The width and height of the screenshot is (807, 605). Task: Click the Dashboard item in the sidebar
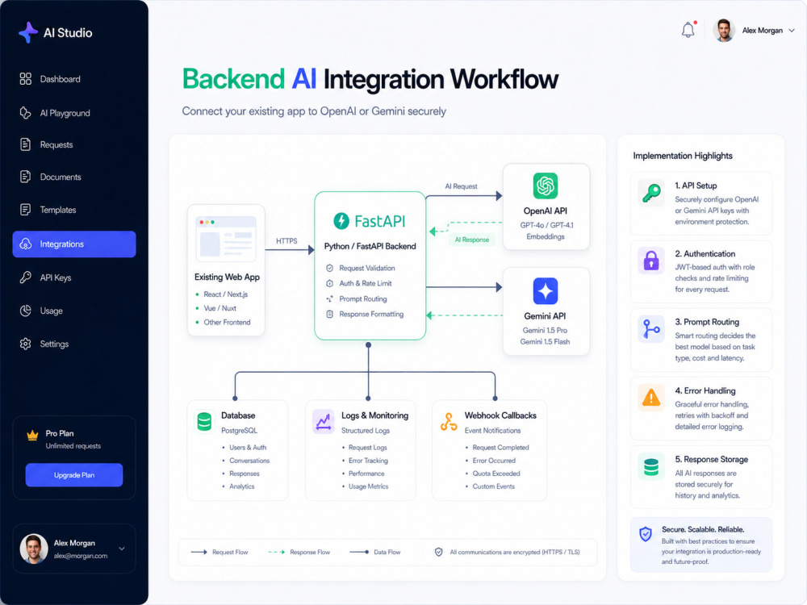tap(50, 79)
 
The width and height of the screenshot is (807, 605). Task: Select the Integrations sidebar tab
tap(74, 244)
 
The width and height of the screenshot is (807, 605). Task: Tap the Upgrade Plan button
tap(74, 475)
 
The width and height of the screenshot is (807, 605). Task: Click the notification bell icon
tap(688, 31)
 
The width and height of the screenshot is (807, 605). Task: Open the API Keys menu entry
tap(45, 277)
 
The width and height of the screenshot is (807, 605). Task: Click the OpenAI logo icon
tap(546, 186)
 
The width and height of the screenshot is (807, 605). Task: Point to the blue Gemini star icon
tap(546, 291)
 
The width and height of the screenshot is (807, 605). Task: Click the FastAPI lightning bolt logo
tap(341, 221)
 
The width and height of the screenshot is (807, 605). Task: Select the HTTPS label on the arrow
tap(286, 240)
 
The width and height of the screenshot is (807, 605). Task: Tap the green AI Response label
tap(472, 240)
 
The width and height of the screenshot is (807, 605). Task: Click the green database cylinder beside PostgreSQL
tap(204, 422)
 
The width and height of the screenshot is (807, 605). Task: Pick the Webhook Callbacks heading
tap(500, 415)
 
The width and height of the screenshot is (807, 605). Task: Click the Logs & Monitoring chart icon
tap(324, 422)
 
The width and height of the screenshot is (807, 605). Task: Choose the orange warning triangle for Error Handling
tap(651, 398)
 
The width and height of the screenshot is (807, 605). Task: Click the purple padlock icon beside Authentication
tap(651, 261)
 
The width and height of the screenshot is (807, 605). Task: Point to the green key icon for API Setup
tap(651, 193)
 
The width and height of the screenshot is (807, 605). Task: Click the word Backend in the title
tap(233, 79)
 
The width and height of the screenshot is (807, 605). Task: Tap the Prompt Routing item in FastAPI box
tap(363, 299)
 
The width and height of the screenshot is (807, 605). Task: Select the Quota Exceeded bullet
tap(496, 474)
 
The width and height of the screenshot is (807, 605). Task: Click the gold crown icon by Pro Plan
tap(32, 436)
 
